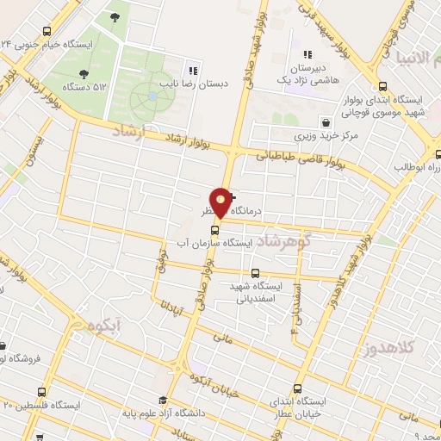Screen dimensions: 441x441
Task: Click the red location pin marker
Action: click(221, 202)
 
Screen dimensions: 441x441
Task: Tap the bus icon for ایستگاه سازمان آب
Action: click(215, 229)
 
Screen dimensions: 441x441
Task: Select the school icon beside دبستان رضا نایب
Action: click(194, 71)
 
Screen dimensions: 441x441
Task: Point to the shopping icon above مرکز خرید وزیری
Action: click(325, 122)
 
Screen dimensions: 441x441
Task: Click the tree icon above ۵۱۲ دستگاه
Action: click(84, 73)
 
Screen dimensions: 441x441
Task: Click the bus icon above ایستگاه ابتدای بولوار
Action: click(383, 85)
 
